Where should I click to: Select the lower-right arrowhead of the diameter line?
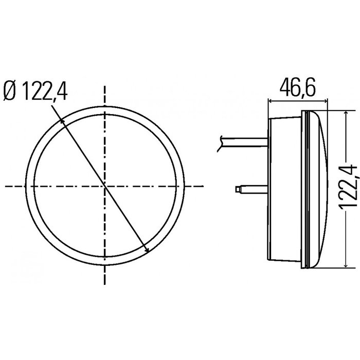click(x=148, y=251)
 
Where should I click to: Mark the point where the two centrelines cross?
click(x=105, y=185)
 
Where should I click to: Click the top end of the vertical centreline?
click(x=105, y=85)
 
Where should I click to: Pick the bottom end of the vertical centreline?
click(x=105, y=284)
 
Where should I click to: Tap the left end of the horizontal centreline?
click(x=5, y=185)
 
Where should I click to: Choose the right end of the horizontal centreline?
click(x=204, y=185)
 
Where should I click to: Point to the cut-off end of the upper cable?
click(x=220, y=142)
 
